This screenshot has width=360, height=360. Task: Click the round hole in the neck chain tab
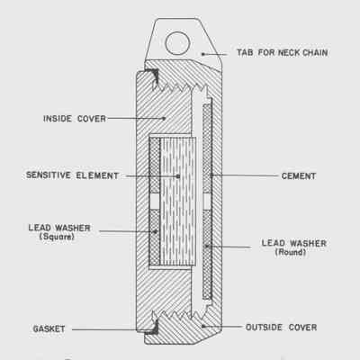[177, 43]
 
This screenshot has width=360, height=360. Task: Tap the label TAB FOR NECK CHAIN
[282, 53]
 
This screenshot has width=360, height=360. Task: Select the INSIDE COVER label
[75, 119]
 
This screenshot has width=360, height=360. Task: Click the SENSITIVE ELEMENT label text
[72, 175]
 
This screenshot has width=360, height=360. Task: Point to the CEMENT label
[299, 176]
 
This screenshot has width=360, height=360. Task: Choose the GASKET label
[49, 329]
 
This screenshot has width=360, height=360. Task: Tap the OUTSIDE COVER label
[281, 328]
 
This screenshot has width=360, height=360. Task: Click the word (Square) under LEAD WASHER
[57, 237]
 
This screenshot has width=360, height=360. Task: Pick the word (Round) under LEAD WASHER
[291, 252]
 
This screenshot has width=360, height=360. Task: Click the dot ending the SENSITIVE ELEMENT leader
[178, 176]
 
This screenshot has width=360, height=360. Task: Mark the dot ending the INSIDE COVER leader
[164, 119]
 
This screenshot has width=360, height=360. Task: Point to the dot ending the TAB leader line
[203, 54]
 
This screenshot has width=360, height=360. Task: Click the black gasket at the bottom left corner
[152, 328]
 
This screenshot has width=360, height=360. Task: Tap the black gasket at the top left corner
[152, 76]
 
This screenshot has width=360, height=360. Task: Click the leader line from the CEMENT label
[246, 175]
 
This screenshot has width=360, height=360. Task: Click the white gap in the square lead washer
[155, 202]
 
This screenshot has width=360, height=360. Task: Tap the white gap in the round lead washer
[207, 202]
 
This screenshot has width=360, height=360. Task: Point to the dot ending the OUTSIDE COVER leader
[203, 326]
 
